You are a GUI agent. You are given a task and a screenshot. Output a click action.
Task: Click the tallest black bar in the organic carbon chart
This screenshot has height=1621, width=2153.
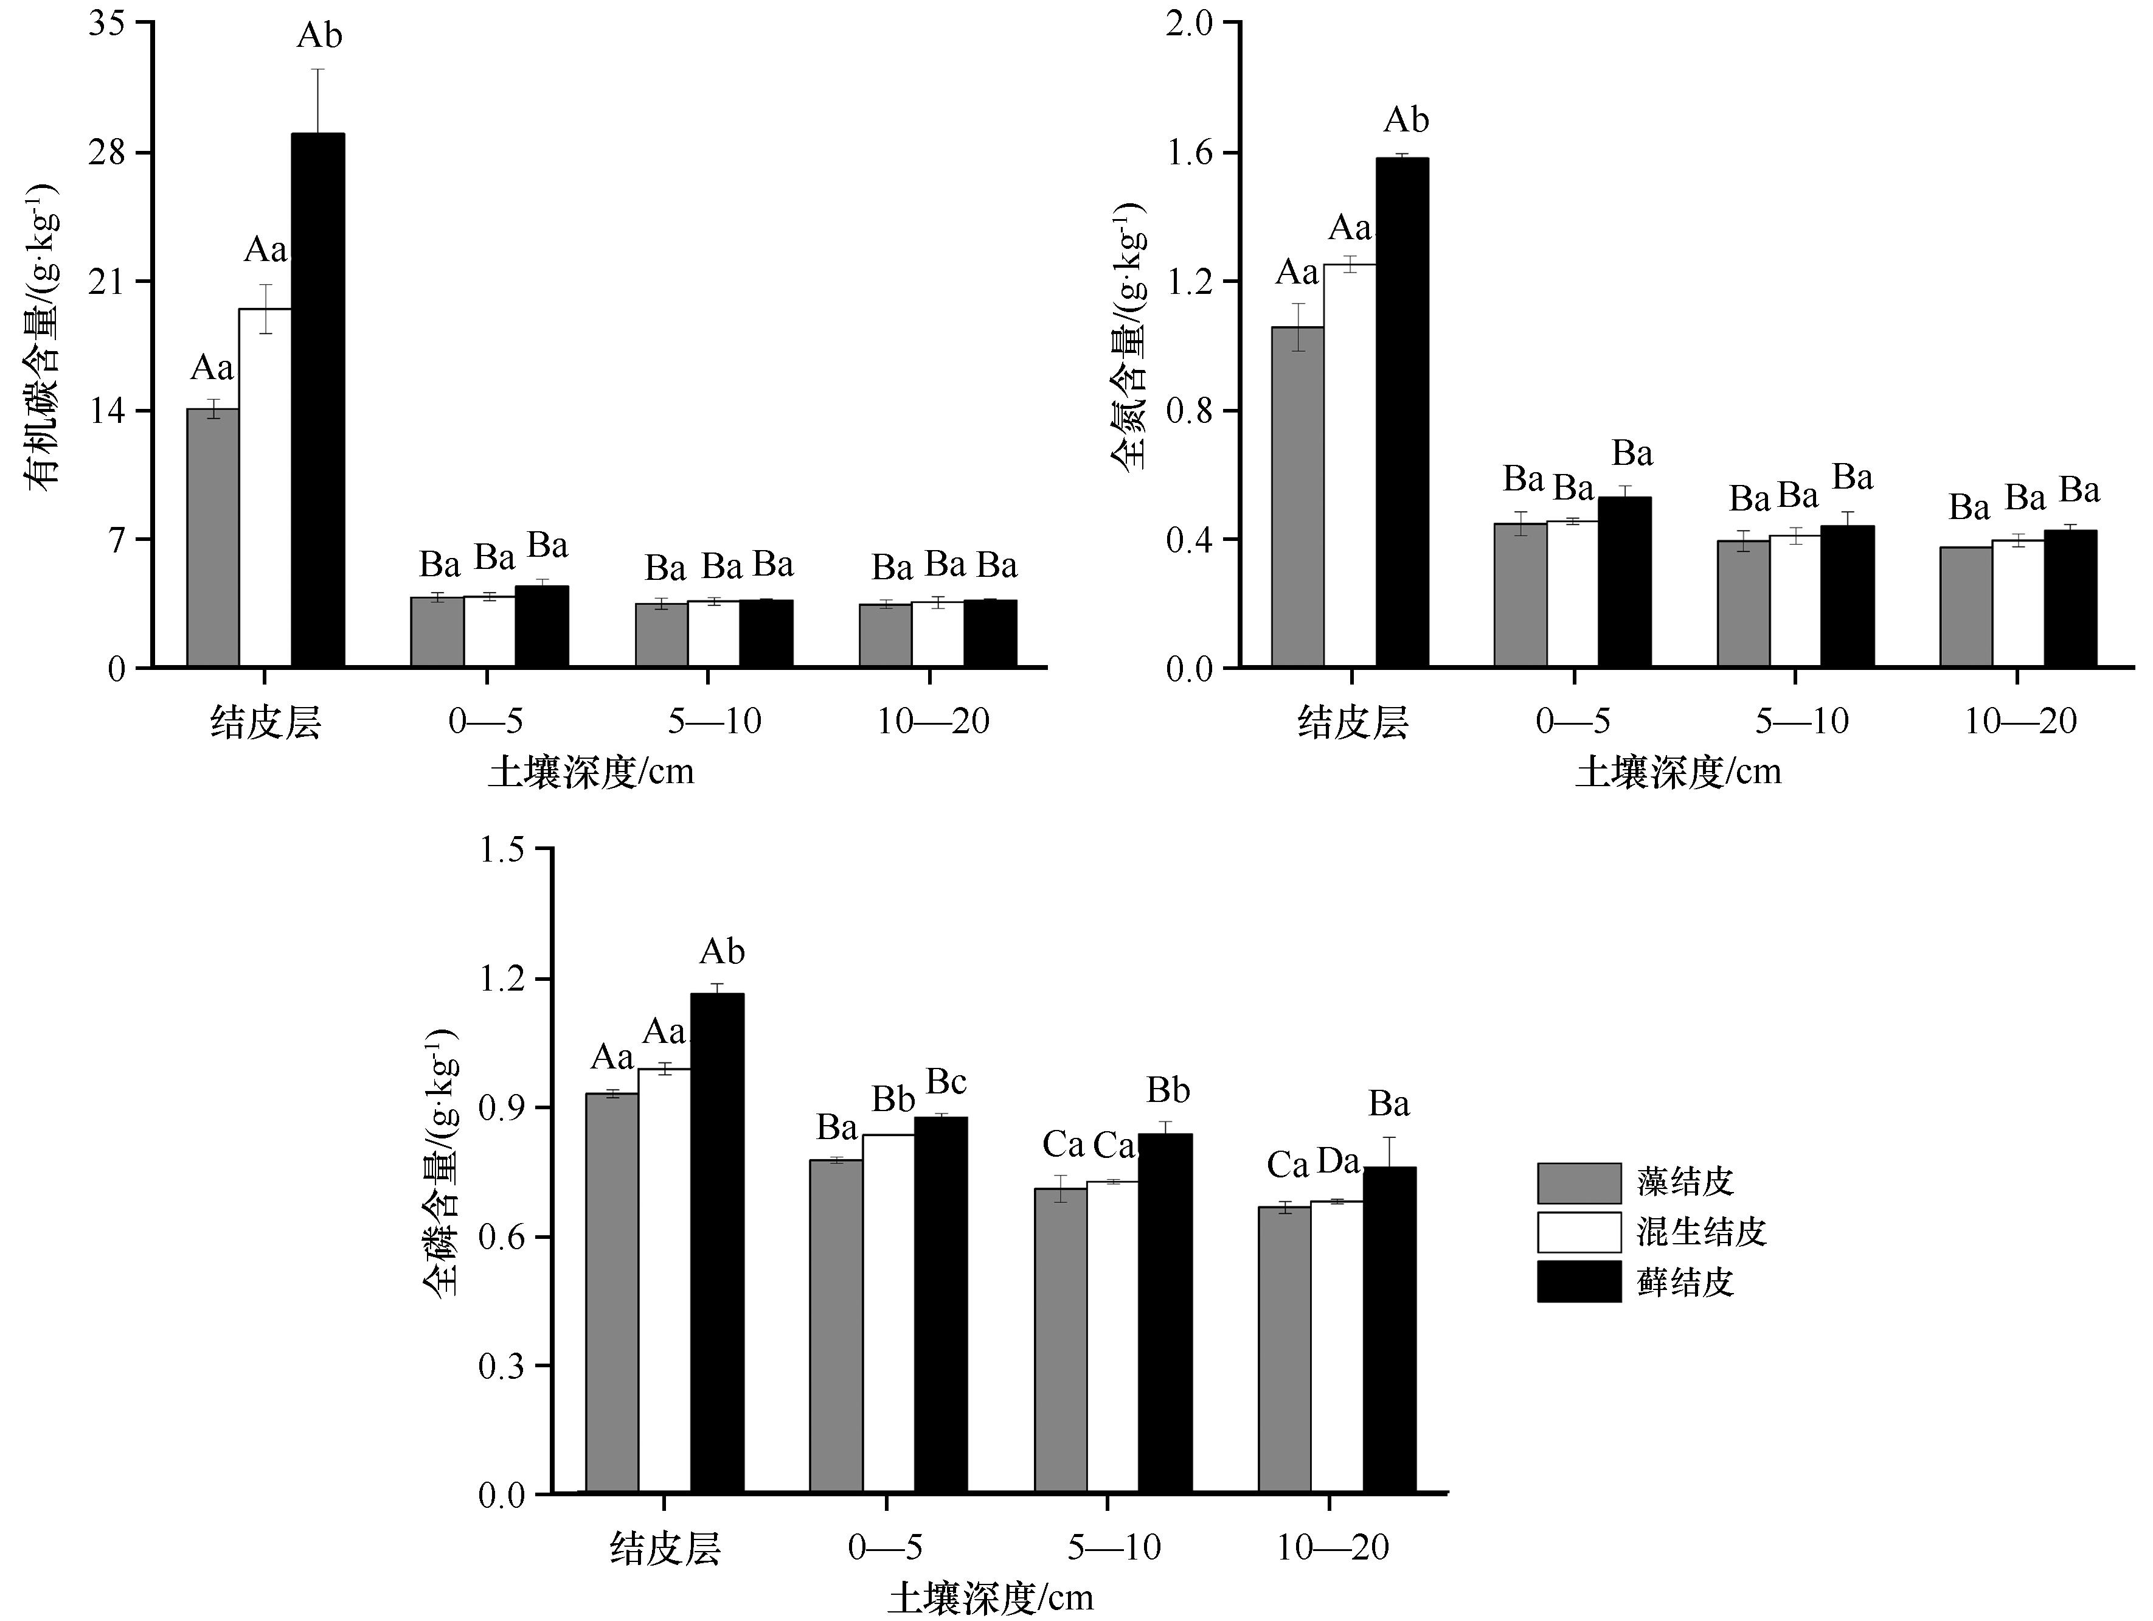318,399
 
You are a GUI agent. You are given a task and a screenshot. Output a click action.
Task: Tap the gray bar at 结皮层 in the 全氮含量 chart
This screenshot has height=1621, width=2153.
1297,497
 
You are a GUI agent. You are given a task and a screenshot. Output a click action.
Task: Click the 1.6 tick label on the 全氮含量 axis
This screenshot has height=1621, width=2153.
1192,153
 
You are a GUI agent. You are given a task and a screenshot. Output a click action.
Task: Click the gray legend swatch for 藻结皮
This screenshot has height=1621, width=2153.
1579,1183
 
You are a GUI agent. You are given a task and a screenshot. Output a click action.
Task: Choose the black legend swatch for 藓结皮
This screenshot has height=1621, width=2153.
1579,1281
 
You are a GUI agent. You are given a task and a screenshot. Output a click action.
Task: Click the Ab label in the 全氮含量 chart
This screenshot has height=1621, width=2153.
1407,120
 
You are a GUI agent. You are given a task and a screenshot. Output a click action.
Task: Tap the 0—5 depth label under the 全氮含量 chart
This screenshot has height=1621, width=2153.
1573,722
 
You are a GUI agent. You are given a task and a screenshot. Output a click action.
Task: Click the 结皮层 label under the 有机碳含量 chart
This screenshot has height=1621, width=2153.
266,722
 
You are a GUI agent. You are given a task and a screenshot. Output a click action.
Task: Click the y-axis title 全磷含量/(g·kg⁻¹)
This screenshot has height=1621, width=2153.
442,1163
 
